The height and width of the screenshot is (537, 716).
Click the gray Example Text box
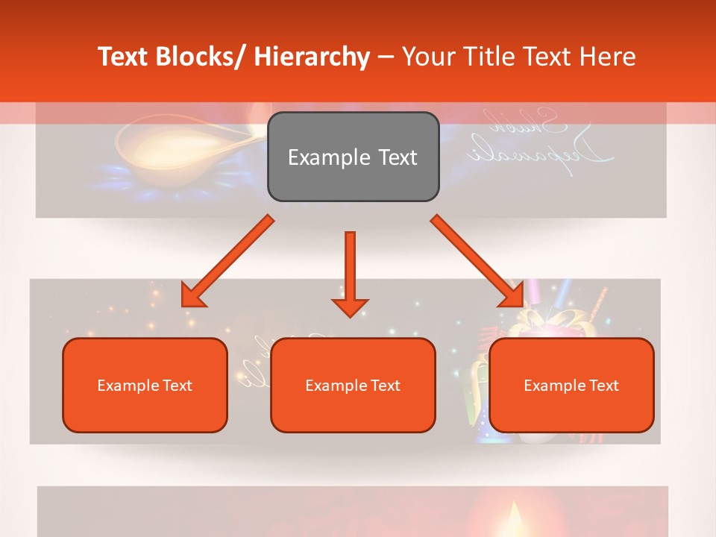(353, 157)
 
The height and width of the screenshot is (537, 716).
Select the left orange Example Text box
(145, 386)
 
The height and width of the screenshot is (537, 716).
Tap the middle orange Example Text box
(353, 386)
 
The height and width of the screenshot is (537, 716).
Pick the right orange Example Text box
(571, 386)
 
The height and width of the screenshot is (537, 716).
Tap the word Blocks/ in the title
(203, 57)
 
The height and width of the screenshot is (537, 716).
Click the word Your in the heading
(427, 57)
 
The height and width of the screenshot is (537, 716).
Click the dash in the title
(386, 57)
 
